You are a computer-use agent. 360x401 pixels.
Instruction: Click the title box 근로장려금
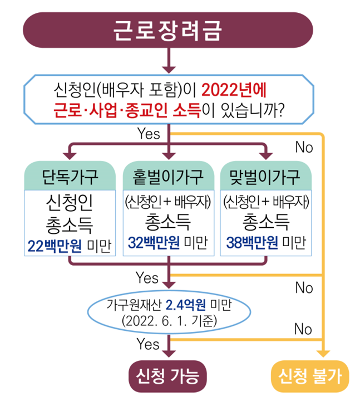tap(167, 29)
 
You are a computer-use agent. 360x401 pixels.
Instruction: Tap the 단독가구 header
tap(70, 177)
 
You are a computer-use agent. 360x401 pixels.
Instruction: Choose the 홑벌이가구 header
tap(168, 177)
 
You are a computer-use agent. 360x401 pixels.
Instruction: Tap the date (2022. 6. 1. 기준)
tap(167, 321)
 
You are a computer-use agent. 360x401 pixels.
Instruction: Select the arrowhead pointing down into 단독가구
tap(70, 153)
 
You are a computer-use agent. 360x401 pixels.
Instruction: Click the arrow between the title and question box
tap(167, 60)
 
